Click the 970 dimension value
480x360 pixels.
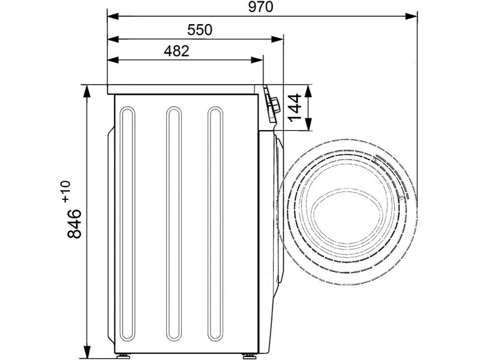[x=260, y=7]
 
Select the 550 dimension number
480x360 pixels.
[x=200, y=30]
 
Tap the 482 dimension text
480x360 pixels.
[x=176, y=51]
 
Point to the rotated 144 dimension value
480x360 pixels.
[x=295, y=108]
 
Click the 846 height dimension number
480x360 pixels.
[x=74, y=223]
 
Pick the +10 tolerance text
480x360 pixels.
[x=66, y=191]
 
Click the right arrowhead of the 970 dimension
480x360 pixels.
[x=412, y=16]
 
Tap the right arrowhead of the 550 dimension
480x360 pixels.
[x=277, y=39]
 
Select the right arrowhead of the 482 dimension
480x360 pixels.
[x=257, y=60]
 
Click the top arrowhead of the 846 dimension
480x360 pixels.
[x=88, y=91]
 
